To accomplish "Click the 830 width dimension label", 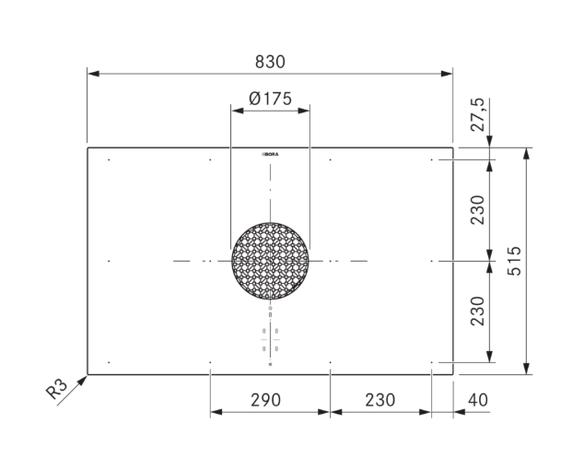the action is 270,62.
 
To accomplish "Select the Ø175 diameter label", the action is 270,99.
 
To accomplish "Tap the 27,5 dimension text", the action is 477,114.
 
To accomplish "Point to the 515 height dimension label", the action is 514,261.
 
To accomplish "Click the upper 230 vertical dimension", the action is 477,210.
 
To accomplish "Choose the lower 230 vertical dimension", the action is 477,311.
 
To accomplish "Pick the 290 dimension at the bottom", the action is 265,400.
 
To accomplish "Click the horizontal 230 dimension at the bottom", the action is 380,400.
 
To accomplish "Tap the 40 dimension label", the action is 478,400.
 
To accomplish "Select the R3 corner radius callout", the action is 57,389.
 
